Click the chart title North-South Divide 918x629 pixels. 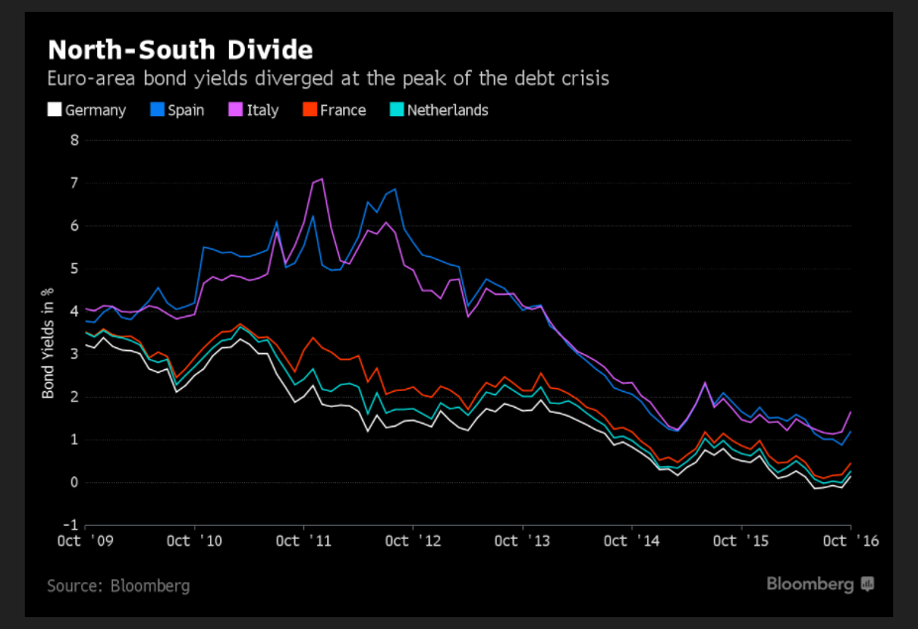pos(180,51)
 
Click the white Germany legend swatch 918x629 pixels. pos(56,110)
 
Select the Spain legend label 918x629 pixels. pos(185,110)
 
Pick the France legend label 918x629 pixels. pos(343,110)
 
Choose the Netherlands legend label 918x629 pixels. pos(447,110)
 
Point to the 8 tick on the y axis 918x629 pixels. pos(73,140)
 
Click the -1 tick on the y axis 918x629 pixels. pos(70,526)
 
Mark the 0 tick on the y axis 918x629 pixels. pos(73,483)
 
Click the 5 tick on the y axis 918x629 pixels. pos(73,269)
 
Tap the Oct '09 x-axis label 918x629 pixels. pos(83,541)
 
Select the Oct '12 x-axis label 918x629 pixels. pos(410,541)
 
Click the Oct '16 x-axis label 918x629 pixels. pos(851,541)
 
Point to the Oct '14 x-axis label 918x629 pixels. pos(631,541)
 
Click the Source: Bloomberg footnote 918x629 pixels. pos(118,585)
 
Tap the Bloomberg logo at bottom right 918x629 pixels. pos(819,584)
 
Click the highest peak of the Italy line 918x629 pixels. pos(321,179)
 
